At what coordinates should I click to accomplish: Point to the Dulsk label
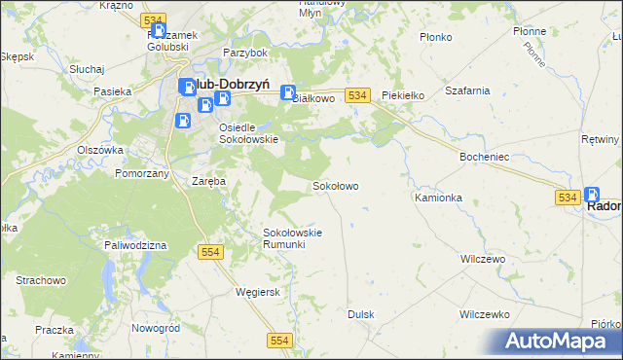point(361,314)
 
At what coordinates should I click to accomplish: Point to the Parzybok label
point(244,53)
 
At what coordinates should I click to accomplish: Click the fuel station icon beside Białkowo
point(288,94)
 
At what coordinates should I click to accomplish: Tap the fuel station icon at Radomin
point(593,196)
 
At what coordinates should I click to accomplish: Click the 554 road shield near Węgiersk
point(212,252)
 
